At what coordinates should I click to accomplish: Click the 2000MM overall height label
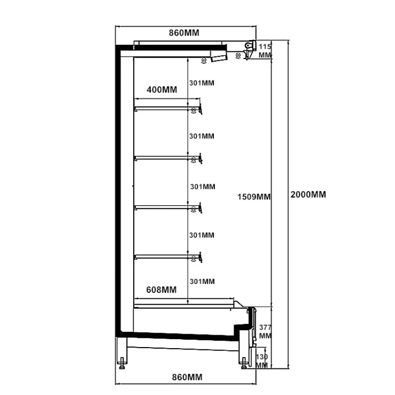click(309, 195)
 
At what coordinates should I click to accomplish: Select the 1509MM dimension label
click(254, 197)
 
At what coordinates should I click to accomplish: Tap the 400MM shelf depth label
click(162, 90)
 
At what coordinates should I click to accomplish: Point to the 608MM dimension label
click(162, 289)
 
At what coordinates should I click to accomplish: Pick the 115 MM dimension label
click(265, 51)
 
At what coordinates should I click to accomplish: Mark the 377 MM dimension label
click(265, 331)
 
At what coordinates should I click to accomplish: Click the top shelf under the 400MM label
click(163, 107)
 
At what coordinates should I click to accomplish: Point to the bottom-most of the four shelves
click(163, 255)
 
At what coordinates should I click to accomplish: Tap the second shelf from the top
click(163, 157)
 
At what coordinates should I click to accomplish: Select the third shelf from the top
click(163, 206)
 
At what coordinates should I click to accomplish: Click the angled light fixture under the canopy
click(218, 57)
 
